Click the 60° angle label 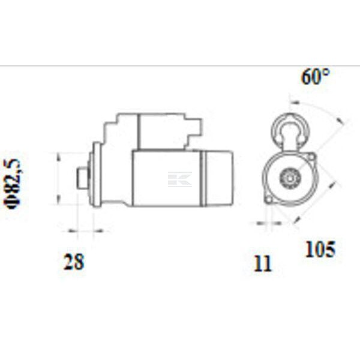click(316, 76)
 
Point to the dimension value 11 click(263, 263)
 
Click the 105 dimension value click(320, 248)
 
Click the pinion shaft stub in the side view click(82, 178)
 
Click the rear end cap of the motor click(218, 178)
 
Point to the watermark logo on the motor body click(180, 179)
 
